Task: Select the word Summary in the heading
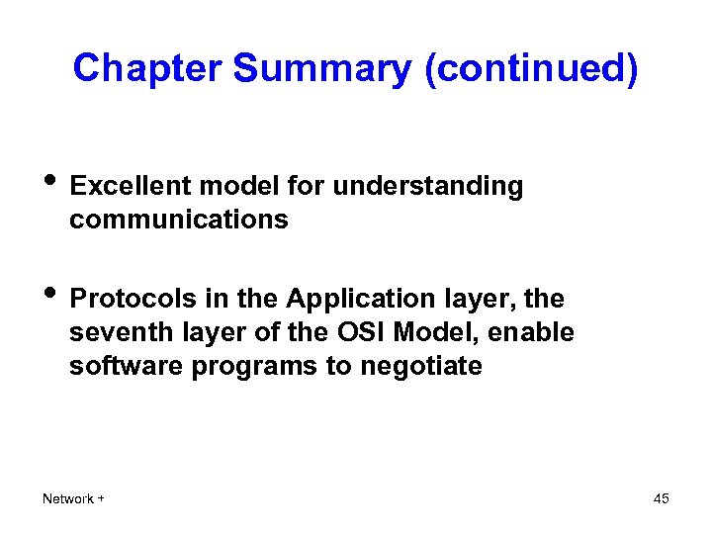320,68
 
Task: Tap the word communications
178,220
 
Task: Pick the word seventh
112,332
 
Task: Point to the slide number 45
661,498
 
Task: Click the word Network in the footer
67,498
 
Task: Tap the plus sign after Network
102,498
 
